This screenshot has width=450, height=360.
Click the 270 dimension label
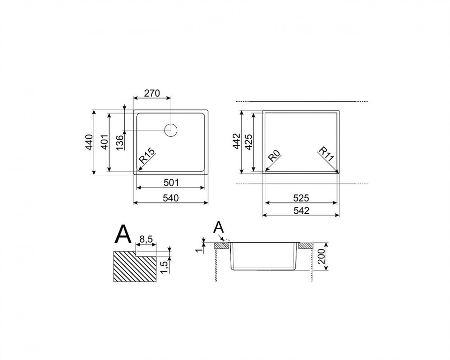(x=152, y=94)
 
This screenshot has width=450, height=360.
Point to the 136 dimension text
(x=120, y=142)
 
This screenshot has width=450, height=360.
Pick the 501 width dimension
(x=171, y=182)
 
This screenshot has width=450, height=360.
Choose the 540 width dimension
(x=171, y=198)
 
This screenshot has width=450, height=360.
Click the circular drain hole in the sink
(x=171, y=130)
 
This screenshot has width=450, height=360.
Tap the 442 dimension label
(x=236, y=141)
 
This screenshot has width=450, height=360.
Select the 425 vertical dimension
(x=248, y=142)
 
